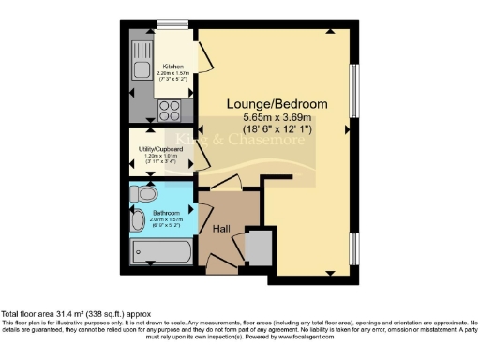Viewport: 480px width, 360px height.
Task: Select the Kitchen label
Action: (173, 67)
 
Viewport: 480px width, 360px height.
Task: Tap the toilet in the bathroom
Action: (143, 194)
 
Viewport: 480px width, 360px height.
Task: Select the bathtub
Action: (161, 251)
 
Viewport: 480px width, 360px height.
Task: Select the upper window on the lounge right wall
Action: (353, 91)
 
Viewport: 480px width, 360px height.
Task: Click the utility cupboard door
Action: (202, 159)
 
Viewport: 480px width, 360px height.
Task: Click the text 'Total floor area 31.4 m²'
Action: (56, 312)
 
